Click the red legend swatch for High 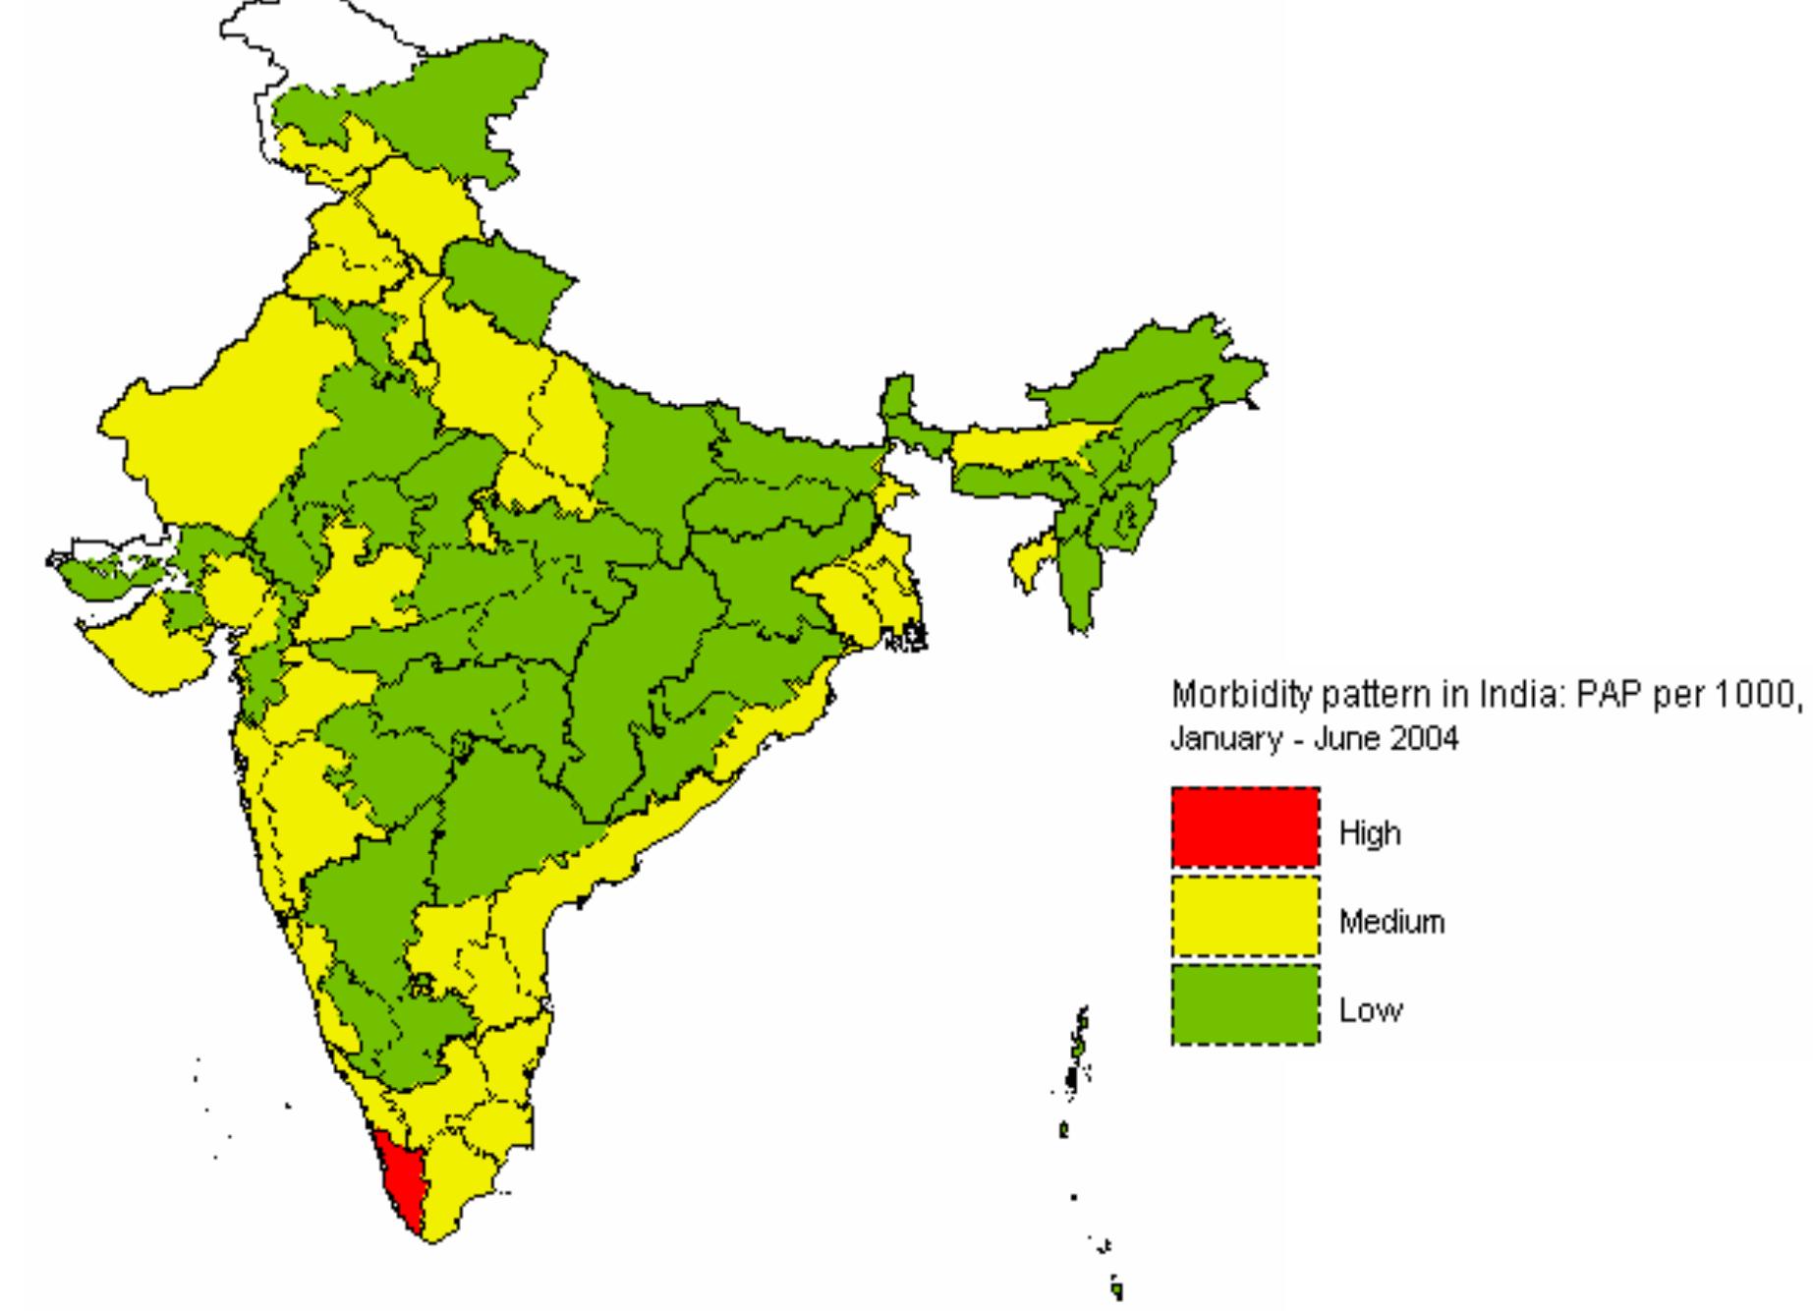[x=1245, y=826]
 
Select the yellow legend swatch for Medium [x=1245, y=915]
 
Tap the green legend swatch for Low [x=1245, y=1003]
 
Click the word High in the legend [x=1370, y=834]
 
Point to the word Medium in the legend [x=1391, y=923]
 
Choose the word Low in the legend [x=1370, y=1010]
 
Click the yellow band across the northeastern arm [x=1022, y=446]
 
